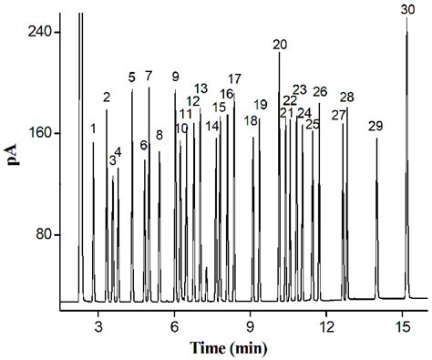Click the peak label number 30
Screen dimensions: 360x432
(407, 9)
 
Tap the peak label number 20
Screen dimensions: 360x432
(280, 45)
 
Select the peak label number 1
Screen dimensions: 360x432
(93, 129)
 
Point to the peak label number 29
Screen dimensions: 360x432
(375, 126)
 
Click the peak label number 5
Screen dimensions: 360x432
(132, 77)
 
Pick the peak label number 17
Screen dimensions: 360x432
(235, 78)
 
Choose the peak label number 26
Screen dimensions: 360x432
(320, 92)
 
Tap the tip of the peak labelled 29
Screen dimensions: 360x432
(376, 139)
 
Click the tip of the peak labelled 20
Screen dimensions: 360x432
(280, 53)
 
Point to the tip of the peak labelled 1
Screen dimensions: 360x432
(93, 142)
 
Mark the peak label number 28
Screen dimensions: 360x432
(346, 98)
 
